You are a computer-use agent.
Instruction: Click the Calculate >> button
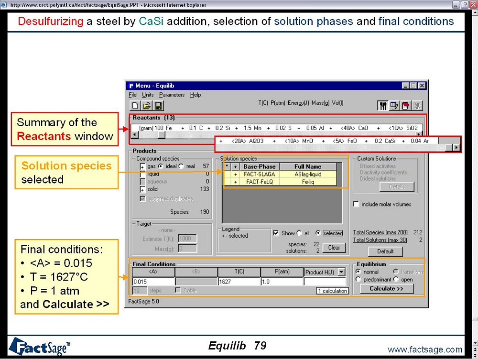tap(387, 289)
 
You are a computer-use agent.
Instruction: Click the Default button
tap(385, 251)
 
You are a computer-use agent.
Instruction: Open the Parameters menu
tap(172, 95)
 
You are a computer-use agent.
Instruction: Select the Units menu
tap(148, 95)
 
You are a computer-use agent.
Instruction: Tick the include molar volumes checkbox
tap(356, 204)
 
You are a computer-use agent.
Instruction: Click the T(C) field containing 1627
tap(239, 282)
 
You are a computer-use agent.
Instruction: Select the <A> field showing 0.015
tap(153, 282)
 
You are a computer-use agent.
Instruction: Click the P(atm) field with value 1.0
tap(282, 282)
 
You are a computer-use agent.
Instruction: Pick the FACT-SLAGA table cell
tap(260, 174)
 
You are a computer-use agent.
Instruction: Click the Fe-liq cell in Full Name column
tap(308, 182)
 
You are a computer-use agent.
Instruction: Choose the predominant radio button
tap(358, 279)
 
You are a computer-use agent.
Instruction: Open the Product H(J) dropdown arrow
tap(341, 272)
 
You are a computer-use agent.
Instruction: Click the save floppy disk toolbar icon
tap(158, 106)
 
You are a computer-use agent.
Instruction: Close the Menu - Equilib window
tap(422, 86)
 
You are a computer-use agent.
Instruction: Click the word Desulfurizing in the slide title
tap(50, 22)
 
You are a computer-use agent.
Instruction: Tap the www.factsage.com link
tap(425, 349)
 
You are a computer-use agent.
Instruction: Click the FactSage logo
tap(39, 346)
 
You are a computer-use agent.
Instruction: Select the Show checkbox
tap(276, 233)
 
